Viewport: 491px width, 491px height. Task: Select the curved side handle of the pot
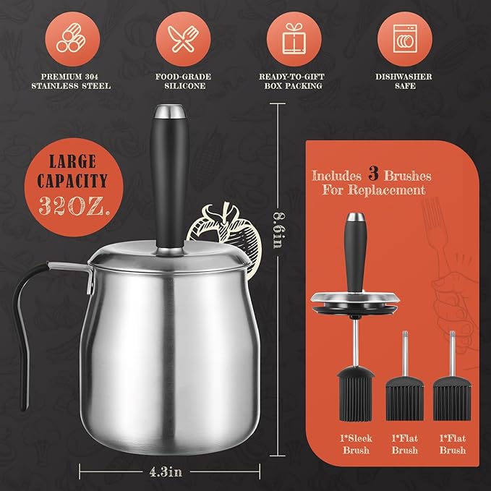pos(36,333)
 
